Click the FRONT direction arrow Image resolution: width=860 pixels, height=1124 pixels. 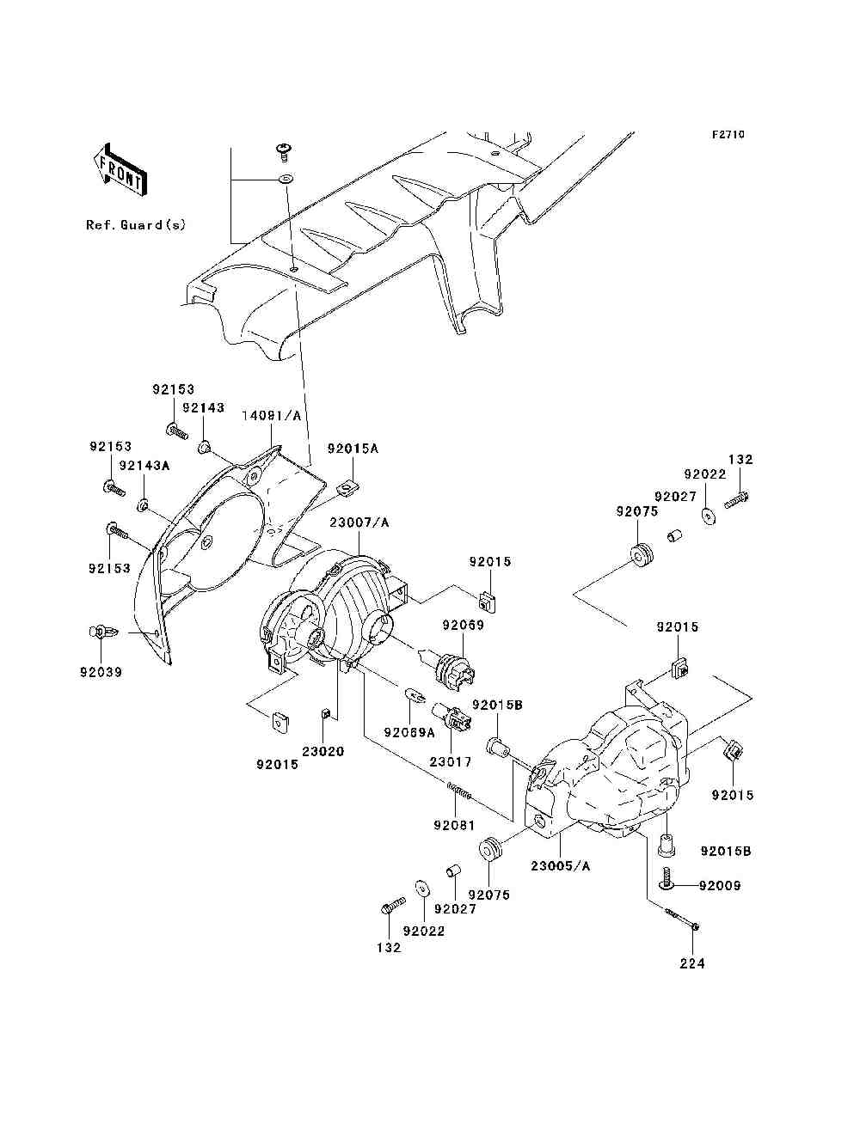pos(120,170)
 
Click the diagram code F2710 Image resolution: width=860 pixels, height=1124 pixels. pos(728,135)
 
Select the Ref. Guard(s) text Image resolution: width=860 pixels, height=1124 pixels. pos(136,225)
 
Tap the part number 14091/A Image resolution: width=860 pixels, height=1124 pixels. pos(272,415)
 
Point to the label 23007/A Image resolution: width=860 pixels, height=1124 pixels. pos(359,522)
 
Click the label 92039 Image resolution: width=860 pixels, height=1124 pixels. pos(101,672)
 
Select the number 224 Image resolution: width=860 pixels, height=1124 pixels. pos(692,963)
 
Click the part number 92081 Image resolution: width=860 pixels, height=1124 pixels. pos(454,825)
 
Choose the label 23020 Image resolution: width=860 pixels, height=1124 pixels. pos(322,751)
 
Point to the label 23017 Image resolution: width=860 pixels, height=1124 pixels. pos(451,761)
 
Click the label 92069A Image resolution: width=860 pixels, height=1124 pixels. pos(409,733)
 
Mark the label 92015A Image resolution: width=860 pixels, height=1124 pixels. pos(353,449)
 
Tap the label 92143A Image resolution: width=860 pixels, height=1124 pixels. pos(144,465)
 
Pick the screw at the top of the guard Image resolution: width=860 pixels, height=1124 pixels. pos(284,153)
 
